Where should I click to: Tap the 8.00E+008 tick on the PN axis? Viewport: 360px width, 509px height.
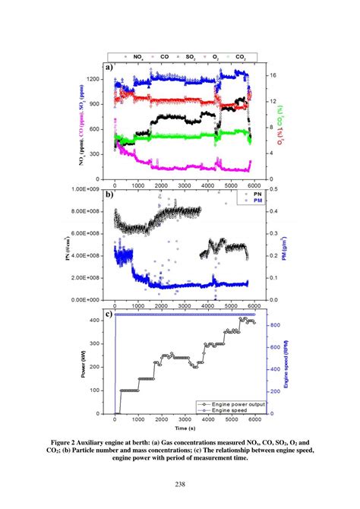coord(84,211)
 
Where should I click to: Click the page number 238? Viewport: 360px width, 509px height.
coord(180,484)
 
